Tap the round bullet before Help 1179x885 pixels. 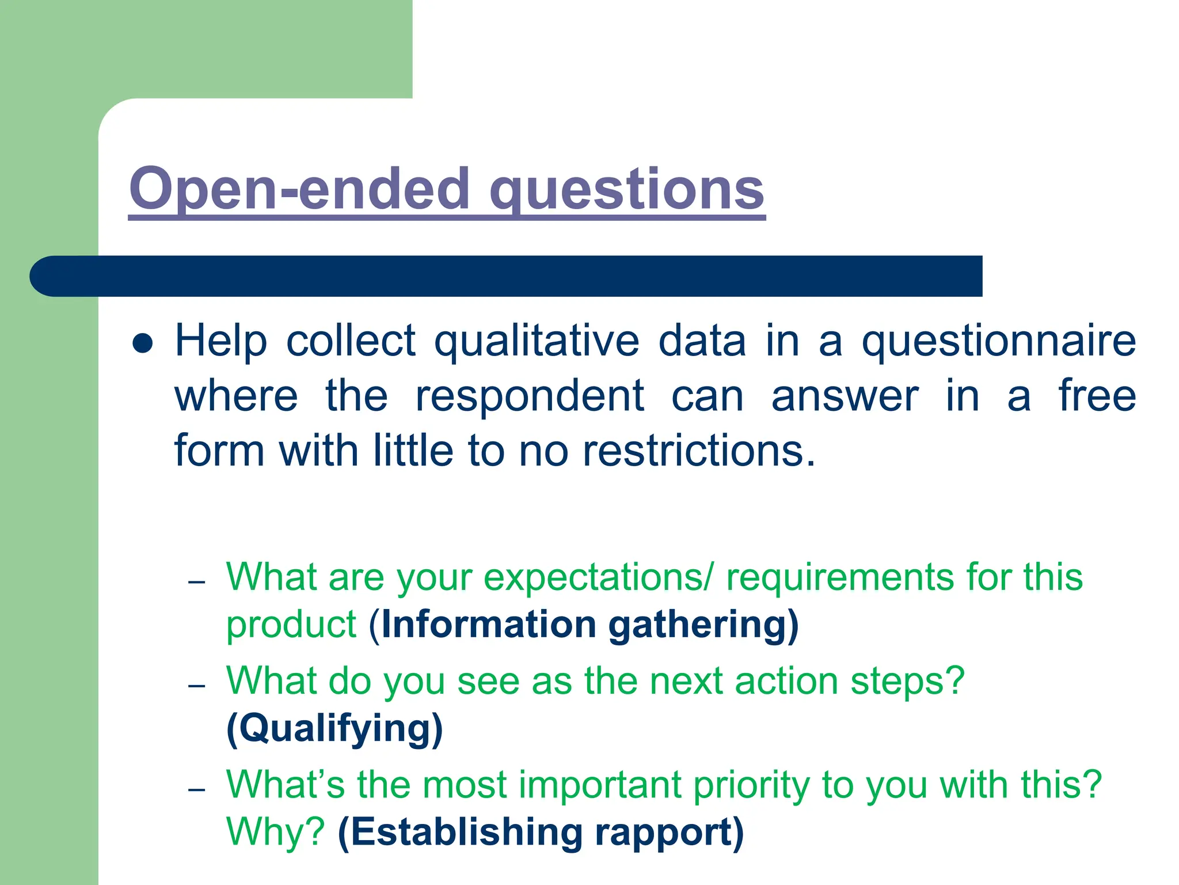tap(142, 344)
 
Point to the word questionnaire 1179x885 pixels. tap(998, 341)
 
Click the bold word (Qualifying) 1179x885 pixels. tap(334, 729)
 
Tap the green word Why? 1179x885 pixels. tap(276, 832)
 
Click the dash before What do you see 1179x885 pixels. tap(197, 686)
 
